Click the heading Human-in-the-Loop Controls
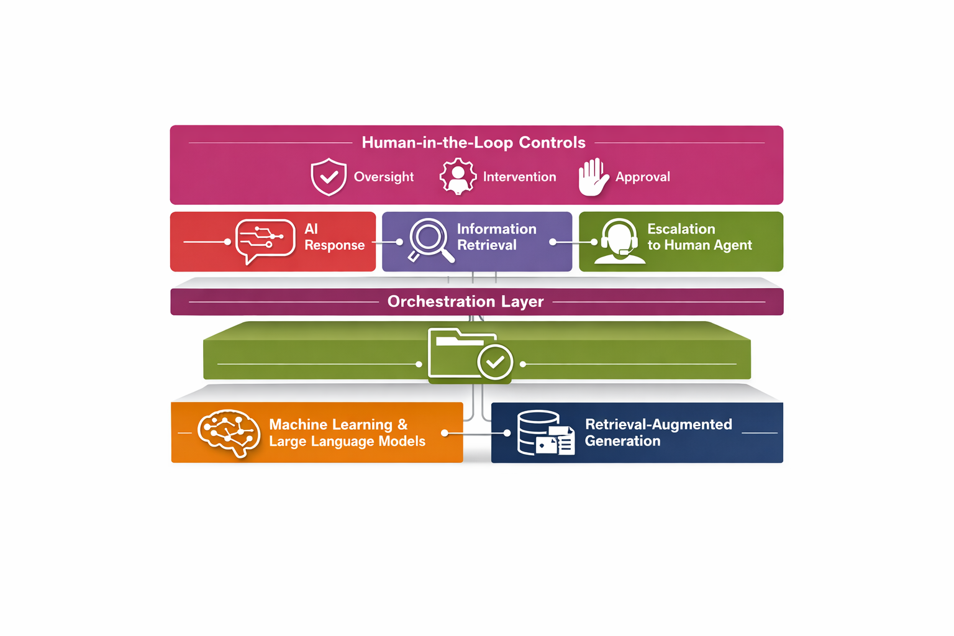[x=473, y=143]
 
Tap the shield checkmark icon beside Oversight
[x=329, y=177]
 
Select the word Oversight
[x=383, y=177]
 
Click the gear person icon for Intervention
[x=458, y=177]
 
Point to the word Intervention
[x=519, y=177]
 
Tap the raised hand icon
[x=593, y=177]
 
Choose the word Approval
[x=642, y=177]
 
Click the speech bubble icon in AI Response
[x=265, y=241]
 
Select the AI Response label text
[x=334, y=237]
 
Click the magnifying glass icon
[x=430, y=240]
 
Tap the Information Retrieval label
[x=496, y=237]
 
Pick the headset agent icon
[x=619, y=242]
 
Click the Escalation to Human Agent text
[x=699, y=237]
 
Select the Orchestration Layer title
[x=465, y=302]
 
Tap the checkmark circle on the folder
[x=495, y=361]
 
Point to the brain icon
[x=229, y=433]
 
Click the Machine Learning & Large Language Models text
[x=347, y=433]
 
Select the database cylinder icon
[x=538, y=432]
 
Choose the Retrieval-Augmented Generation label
[x=658, y=433]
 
